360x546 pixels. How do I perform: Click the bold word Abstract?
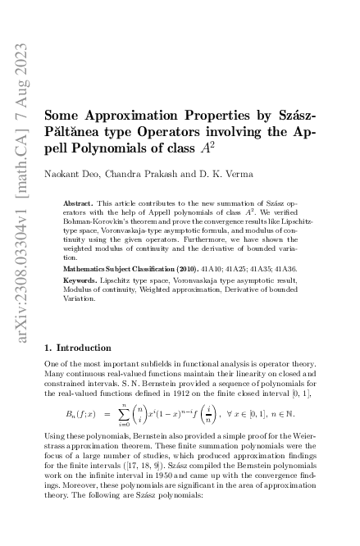click(77, 201)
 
